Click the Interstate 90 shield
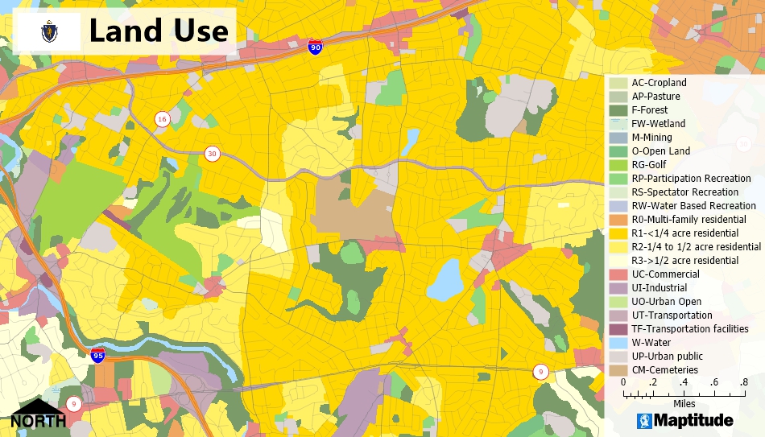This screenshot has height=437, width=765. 315,47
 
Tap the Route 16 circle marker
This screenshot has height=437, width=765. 163,119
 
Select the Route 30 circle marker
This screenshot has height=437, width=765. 213,154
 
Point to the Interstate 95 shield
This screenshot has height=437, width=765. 97,355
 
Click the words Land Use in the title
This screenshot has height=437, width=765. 158,31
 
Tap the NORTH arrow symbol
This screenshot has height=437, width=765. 38,413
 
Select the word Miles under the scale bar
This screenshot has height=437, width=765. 684,403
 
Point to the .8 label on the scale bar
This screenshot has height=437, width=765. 743,382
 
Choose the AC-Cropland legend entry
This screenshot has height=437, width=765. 659,83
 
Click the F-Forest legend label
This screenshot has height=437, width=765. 649,110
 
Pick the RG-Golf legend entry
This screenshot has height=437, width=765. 649,165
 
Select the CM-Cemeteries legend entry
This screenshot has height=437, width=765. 664,370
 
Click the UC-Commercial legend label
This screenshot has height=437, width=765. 664,274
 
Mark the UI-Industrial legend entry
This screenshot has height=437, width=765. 660,288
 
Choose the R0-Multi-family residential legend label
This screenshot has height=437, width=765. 688,220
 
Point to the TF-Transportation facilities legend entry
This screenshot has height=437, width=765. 690,329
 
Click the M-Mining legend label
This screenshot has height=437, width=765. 651,138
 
